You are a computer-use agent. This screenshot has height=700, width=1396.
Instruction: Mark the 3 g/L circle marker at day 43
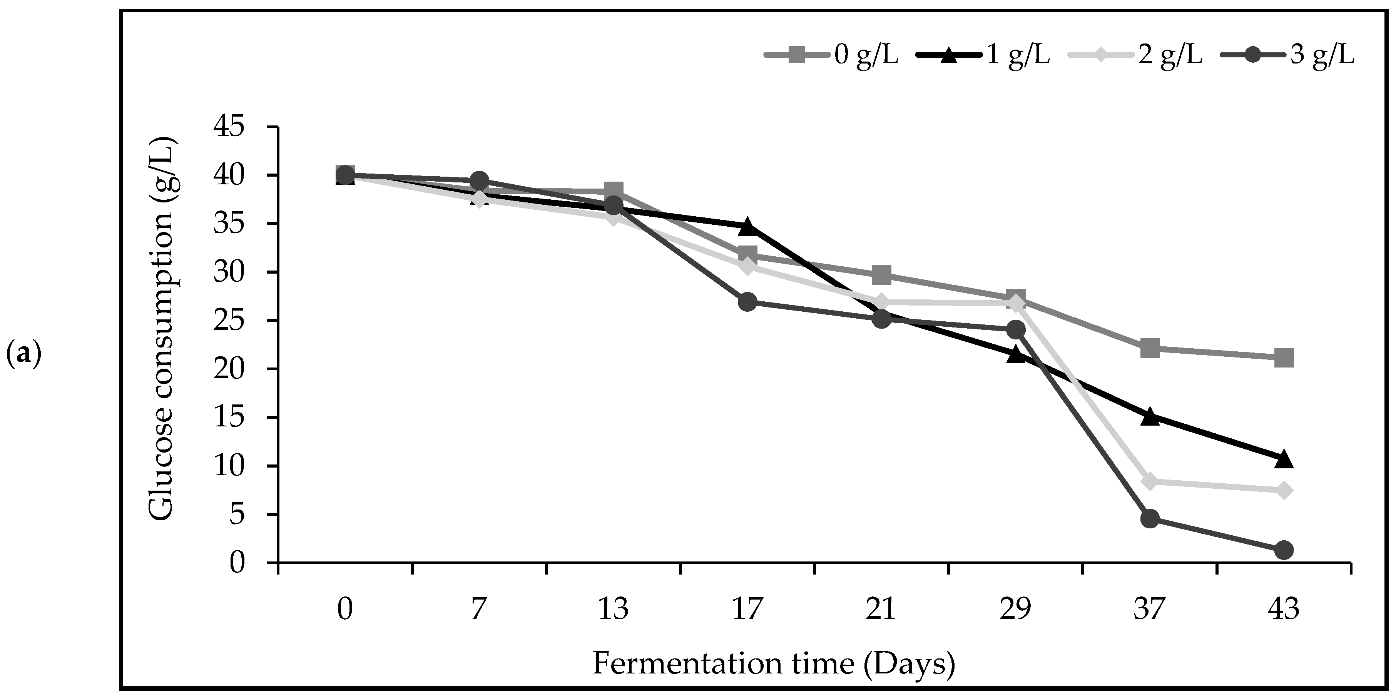click(1284, 550)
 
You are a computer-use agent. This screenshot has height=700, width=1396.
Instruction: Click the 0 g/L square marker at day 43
click(1284, 358)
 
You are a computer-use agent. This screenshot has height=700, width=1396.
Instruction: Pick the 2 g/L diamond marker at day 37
click(1150, 481)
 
